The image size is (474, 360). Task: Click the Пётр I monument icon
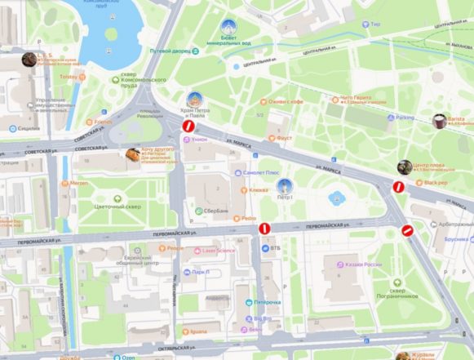pyautogui.click(x=284, y=185)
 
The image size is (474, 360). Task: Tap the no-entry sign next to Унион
pyautogui.click(x=187, y=127)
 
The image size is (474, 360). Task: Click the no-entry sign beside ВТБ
pyautogui.click(x=264, y=229)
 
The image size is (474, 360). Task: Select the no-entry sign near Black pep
pyautogui.click(x=398, y=187)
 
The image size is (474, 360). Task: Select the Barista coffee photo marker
pyautogui.click(x=439, y=121)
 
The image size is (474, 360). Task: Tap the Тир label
pyautogui.click(x=374, y=24)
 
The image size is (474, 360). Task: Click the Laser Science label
pyautogui.click(x=218, y=251)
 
